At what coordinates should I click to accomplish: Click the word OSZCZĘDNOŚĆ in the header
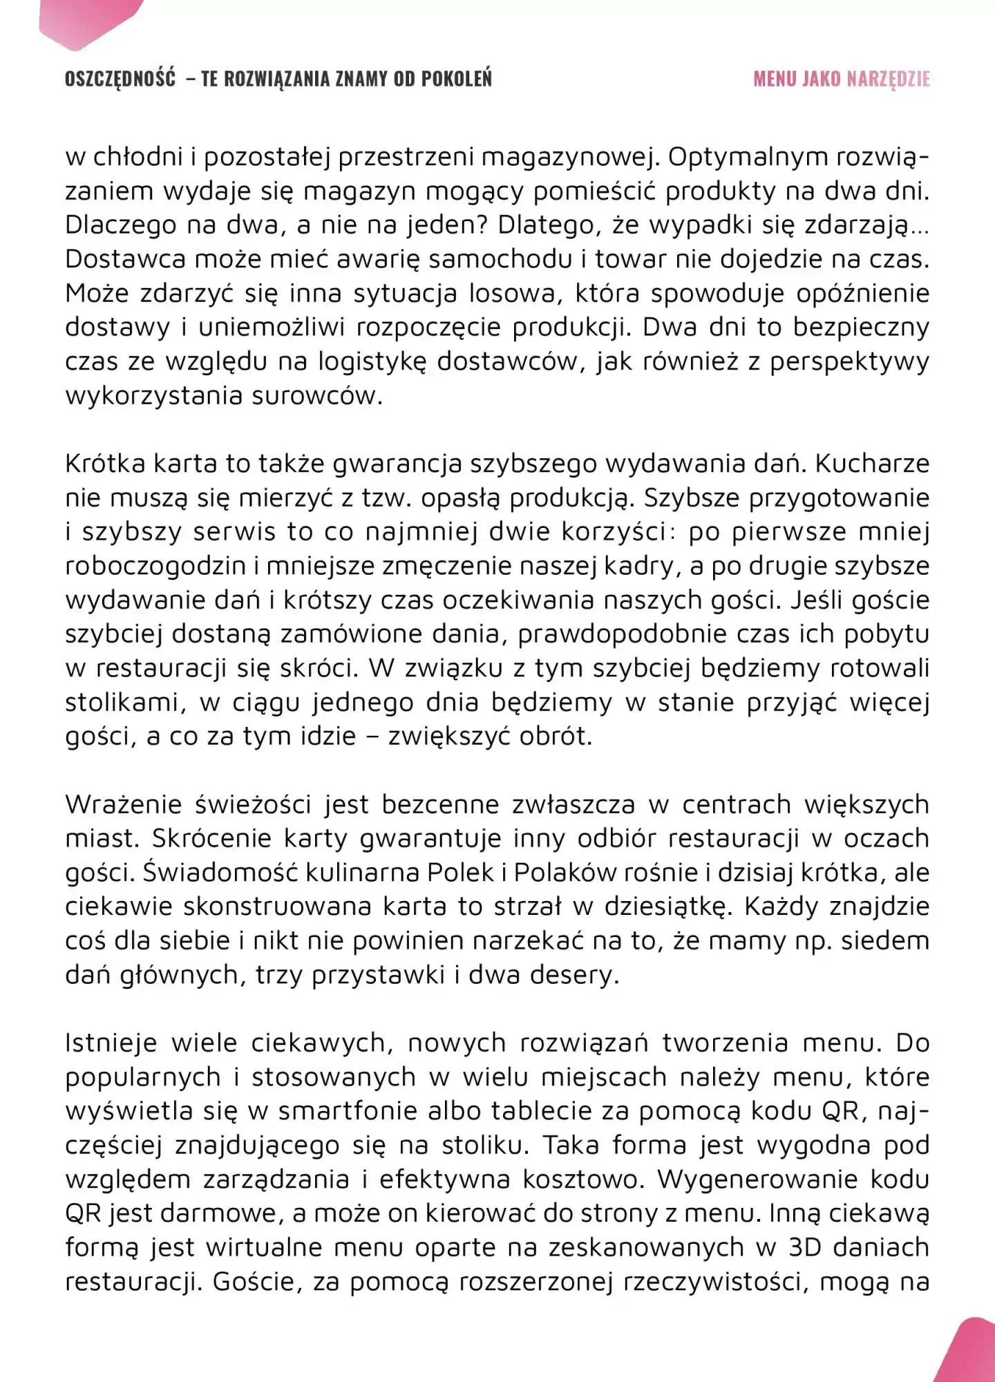pos(120,79)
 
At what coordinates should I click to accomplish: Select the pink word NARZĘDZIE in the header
pos(888,79)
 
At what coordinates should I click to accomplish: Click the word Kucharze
pos(872,464)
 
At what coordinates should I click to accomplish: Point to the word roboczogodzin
pos(155,566)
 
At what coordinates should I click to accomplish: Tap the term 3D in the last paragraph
pos(804,1248)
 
